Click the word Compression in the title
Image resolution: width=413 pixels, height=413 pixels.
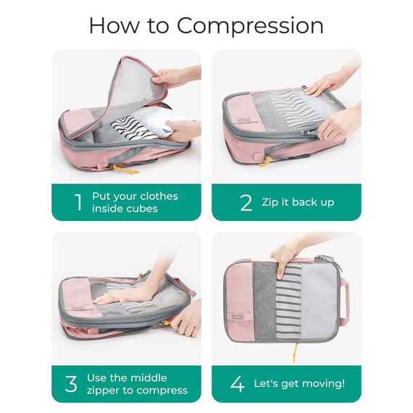pyautogui.click(x=250, y=26)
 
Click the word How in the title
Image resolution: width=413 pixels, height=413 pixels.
pyautogui.click(x=114, y=25)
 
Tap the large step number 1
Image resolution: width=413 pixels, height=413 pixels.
pyautogui.click(x=78, y=202)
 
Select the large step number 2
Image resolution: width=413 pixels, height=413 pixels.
pyautogui.click(x=246, y=203)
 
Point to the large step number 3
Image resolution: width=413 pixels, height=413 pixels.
pyautogui.click(x=71, y=384)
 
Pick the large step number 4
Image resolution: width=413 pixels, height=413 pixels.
pyautogui.click(x=238, y=384)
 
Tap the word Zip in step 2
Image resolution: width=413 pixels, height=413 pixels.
pyautogui.click(x=270, y=203)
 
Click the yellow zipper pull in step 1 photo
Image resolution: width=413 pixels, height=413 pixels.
pyautogui.click(x=124, y=169)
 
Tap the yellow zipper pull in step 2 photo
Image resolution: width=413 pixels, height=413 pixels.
pyautogui.click(x=265, y=162)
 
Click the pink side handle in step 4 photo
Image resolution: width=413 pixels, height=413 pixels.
pyautogui.click(x=345, y=302)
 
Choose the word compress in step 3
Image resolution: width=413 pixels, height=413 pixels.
pyautogui.click(x=166, y=391)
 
